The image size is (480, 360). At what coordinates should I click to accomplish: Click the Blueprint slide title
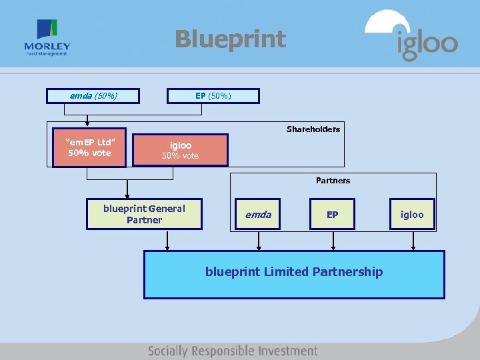(x=230, y=39)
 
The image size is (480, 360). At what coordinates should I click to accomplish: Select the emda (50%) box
(x=93, y=96)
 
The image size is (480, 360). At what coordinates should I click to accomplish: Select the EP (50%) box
(x=213, y=96)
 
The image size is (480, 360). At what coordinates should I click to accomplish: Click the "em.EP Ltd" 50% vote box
(x=89, y=147)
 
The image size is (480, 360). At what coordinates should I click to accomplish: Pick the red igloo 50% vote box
(x=180, y=150)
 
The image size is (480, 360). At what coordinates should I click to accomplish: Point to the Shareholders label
(x=313, y=129)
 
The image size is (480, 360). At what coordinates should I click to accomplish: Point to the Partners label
(x=333, y=181)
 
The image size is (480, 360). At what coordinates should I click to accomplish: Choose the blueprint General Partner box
(x=144, y=214)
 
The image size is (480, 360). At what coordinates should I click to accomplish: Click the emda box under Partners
(x=258, y=214)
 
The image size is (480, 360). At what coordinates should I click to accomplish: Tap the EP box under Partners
(x=332, y=214)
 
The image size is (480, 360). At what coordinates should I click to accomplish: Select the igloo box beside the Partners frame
(x=412, y=214)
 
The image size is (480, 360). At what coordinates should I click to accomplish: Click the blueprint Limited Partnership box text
(x=294, y=272)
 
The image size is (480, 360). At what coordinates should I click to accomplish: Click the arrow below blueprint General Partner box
(x=167, y=241)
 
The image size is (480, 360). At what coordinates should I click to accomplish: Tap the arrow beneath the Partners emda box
(x=258, y=241)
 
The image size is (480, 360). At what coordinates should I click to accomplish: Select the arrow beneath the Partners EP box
(x=332, y=241)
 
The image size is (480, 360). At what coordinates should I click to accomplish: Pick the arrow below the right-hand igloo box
(x=413, y=241)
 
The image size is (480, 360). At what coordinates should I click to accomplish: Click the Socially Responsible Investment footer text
(x=233, y=351)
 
